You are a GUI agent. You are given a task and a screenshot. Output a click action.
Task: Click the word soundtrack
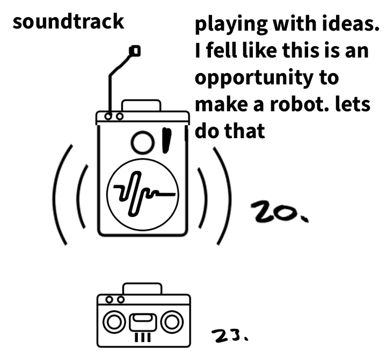(x=68, y=21)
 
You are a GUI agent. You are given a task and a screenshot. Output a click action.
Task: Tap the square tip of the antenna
(x=135, y=51)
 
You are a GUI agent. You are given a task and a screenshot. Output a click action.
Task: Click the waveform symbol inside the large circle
(x=142, y=192)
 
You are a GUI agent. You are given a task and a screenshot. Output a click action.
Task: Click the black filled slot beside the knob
(x=166, y=140)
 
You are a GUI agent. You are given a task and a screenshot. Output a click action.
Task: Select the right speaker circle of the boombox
(x=171, y=322)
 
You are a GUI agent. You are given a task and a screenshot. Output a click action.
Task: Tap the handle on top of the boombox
(x=142, y=289)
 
